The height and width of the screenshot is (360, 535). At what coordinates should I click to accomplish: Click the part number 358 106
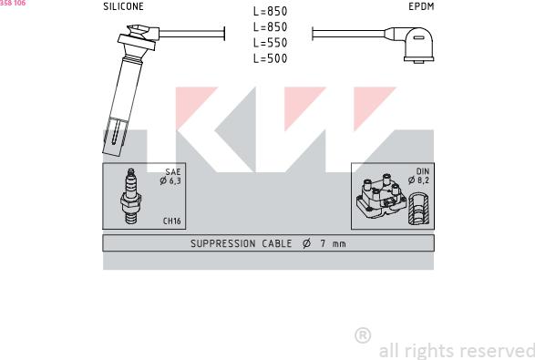13,4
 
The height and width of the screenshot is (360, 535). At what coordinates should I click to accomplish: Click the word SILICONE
123,6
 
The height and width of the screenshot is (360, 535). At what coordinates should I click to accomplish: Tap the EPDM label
420,6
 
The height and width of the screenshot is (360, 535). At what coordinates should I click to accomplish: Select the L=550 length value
269,43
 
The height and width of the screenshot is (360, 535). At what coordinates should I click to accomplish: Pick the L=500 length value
269,58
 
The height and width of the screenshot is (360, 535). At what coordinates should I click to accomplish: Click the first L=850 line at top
269,13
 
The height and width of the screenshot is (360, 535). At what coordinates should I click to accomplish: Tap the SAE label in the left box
172,171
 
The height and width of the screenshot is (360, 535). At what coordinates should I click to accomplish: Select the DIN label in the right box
421,171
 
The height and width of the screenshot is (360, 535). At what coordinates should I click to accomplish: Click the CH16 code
171,221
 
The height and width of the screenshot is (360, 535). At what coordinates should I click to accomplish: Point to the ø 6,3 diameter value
170,180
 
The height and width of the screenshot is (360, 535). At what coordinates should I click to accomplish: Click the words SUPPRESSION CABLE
241,243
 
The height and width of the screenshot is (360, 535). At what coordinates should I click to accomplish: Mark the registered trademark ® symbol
362,335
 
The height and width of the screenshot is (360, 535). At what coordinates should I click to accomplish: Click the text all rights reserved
456,350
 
